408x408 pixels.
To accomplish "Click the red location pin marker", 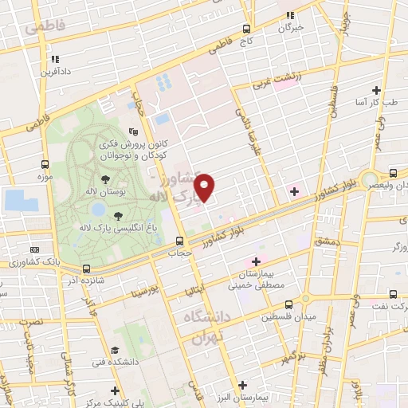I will (205, 186).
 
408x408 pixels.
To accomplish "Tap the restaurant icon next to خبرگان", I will (292, 14).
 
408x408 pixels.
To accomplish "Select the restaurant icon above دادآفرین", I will (55, 59).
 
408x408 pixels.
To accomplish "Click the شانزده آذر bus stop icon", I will (85, 270).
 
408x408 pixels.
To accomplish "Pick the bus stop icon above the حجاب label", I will (180, 240).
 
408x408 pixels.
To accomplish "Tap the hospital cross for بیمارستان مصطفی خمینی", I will (257, 261).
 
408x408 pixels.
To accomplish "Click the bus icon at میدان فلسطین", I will (288, 304).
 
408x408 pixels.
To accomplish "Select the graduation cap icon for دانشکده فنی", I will (116, 351).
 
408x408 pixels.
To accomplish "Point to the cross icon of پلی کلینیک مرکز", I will (116, 390).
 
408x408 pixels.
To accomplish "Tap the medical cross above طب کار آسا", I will (376, 91).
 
